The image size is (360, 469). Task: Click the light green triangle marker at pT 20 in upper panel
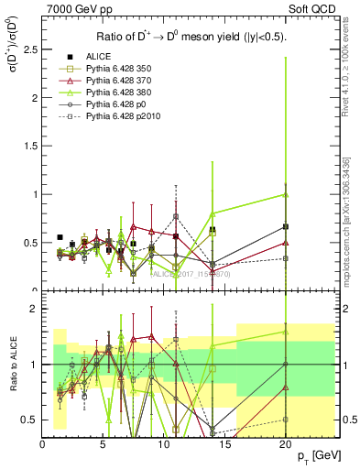(x=286, y=194)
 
